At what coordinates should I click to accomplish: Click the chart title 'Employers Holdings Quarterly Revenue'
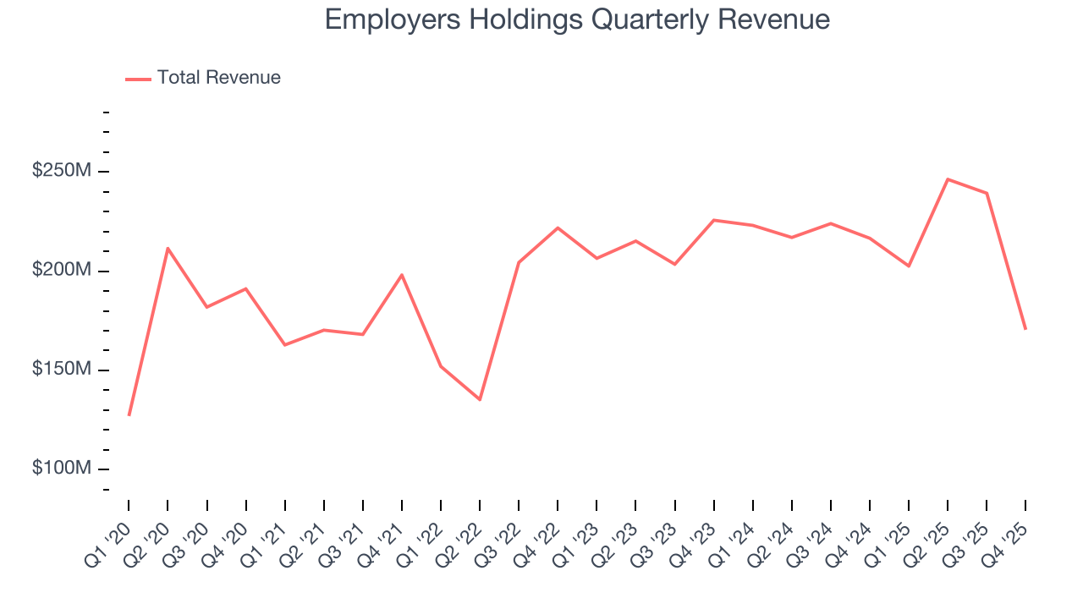coord(577,19)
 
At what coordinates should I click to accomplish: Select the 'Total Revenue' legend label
coord(218,78)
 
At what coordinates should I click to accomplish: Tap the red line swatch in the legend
coord(138,79)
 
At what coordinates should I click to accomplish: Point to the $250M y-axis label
coord(61,171)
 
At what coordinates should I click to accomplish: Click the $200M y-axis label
coord(61,271)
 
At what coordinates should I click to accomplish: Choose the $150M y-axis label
coord(61,370)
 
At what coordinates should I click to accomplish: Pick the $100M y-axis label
coord(61,469)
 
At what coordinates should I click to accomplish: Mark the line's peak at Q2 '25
coord(948,179)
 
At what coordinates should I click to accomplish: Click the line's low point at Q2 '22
coord(480,399)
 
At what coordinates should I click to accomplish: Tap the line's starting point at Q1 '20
coord(129,415)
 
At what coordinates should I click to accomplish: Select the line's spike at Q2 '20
coord(168,248)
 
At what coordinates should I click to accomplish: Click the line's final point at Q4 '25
coord(1025,329)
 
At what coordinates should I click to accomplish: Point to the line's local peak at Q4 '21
coord(402,274)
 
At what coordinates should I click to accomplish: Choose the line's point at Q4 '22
coord(558,228)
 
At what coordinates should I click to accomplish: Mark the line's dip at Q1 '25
coord(909,266)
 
